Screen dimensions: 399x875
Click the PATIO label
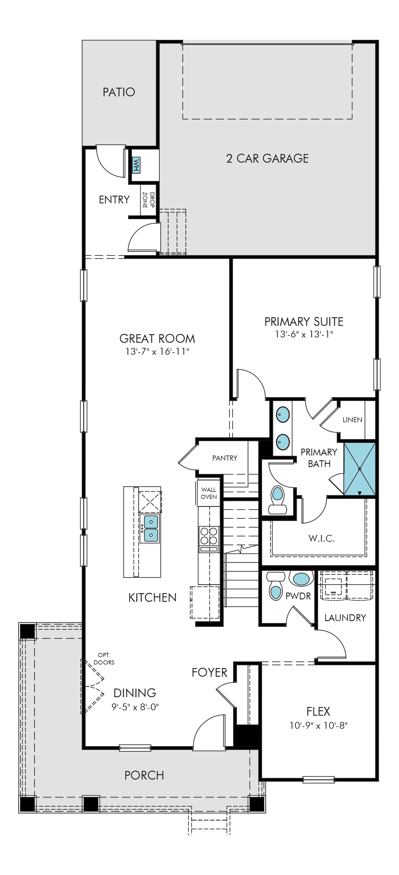[x=119, y=92]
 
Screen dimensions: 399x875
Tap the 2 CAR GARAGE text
[x=267, y=158]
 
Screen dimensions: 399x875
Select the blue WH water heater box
[x=136, y=165]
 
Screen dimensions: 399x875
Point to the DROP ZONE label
[x=148, y=200]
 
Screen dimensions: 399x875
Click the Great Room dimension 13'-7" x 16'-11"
[x=157, y=351]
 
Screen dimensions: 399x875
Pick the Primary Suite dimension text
[x=304, y=334]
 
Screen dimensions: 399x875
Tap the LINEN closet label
[x=352, y=420]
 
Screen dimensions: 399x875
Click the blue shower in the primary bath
[x=360, y=469]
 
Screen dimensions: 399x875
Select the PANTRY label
[x=225, y=458]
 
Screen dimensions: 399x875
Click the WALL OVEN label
[x=208, y=493]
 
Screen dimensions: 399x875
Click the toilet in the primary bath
[x=277, y=500]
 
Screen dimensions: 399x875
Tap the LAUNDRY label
[x=345, y=618]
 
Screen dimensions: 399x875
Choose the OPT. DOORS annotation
[x=104, y=659]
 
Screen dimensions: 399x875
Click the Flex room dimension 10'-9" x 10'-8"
[x=318, y=725]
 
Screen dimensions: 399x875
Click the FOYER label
[x=210, y=673]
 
